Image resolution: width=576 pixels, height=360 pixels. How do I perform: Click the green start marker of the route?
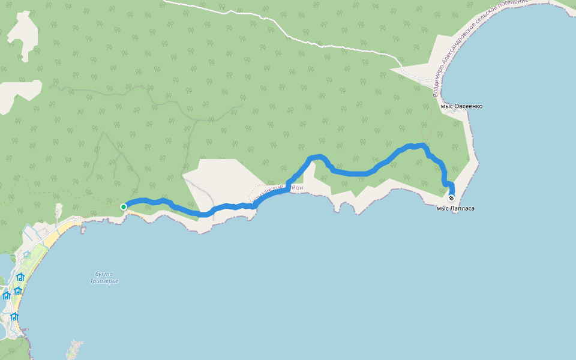click(x=124, y=207)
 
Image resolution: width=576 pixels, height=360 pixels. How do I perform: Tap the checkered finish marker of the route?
click(x=451, y=198)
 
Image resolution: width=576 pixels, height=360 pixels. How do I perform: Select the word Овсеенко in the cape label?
click(x=469, y=106)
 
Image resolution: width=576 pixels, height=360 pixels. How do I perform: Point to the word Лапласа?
click(x=463, y=208)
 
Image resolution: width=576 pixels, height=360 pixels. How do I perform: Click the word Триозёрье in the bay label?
click(x=104, y=281)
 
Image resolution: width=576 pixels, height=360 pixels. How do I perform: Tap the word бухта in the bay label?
click(x=104, y=274)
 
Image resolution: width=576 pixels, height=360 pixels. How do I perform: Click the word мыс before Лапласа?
click(x=443, y=208)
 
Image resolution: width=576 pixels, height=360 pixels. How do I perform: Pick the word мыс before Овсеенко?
click(x=448, y=106)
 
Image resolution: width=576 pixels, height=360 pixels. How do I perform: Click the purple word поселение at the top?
click(x=514, y=4)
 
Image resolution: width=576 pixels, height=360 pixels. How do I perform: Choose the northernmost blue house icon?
click(x=20, y=277)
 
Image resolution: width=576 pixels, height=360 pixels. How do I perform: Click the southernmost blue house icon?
click(x=14, y=317)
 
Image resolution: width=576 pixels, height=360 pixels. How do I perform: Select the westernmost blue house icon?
click(x=7, y=295)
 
